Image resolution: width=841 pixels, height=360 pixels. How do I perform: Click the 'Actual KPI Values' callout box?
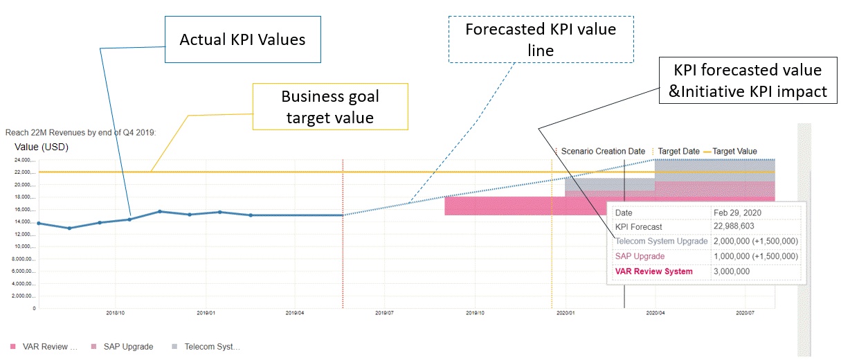(242, 39)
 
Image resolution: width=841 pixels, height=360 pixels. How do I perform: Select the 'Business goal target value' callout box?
(330, 107)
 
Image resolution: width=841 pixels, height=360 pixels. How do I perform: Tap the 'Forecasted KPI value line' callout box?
(541, 40)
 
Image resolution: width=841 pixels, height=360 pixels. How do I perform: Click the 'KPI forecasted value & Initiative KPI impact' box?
(748, 80)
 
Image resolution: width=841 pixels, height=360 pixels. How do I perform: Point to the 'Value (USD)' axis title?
(42, 147)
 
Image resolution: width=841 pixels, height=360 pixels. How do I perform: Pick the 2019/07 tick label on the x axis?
(385, 313)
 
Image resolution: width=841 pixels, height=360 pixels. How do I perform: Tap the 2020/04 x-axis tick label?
(655, 313)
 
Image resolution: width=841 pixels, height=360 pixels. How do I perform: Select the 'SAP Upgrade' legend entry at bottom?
(128, 346)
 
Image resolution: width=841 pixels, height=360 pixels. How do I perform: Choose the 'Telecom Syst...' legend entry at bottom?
(212, 346)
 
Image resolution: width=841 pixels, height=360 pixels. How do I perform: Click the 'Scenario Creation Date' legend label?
(603, 151)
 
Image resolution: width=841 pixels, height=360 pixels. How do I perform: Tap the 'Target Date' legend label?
(678, 151)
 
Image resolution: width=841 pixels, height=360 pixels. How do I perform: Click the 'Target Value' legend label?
(734, 151)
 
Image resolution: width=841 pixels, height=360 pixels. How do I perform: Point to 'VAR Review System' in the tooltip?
(653, 271)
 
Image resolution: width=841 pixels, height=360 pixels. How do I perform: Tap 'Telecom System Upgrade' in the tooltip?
(661, 241)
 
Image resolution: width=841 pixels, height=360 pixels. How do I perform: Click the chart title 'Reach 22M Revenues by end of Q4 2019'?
(80, 132)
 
